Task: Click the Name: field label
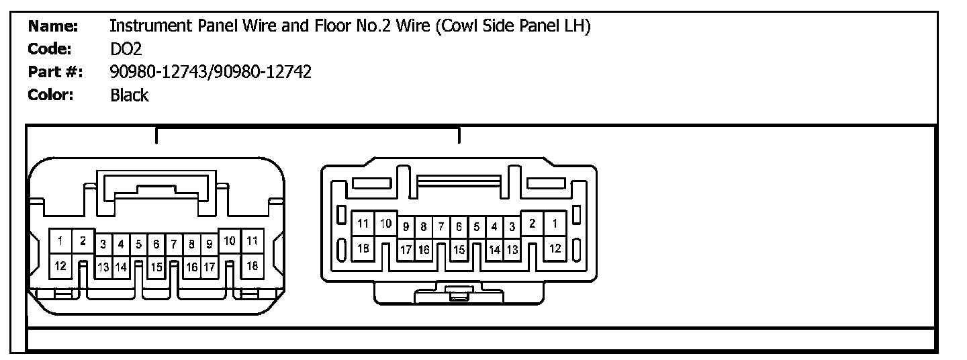tap(53, 27)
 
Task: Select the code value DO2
tap(126, 49)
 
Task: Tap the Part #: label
tap(54, 72)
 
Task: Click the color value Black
tap(129, 95)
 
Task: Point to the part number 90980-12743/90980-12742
tap(210, 72)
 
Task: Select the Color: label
tap(50, 95)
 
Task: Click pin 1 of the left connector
tap(60, 241)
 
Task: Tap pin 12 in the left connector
tap(60, 265)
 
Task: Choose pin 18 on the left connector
tap(252, 266)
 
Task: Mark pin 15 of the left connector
tap(156, 267)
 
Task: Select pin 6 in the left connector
tap(156, 244)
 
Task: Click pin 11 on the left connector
tap(252, 240)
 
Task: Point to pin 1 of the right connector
tap(555, 224)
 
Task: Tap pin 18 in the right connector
tap(363, 248)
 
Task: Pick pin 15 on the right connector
tap(459, 250)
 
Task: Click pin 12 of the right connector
tap(555, 248)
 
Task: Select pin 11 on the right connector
tap(363, 224)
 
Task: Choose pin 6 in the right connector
tap(459, 227)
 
